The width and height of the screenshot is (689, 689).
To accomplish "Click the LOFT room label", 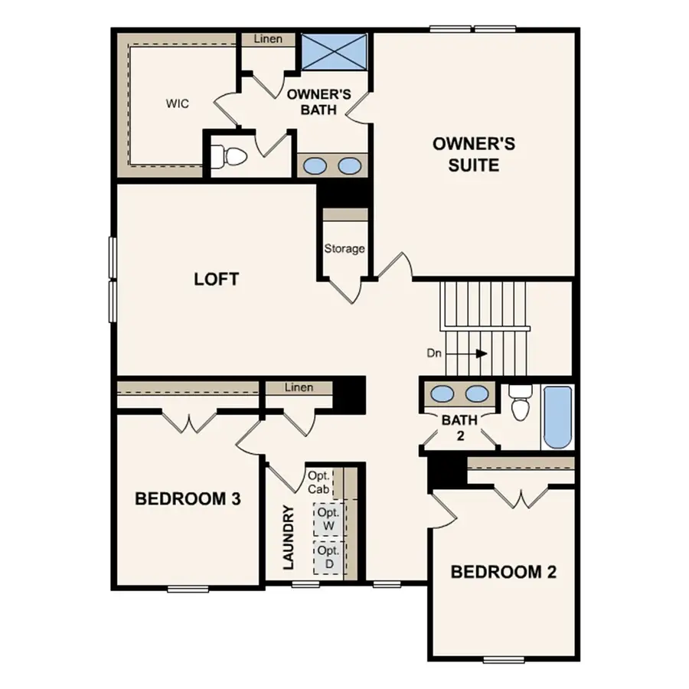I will click(x=216, y=279).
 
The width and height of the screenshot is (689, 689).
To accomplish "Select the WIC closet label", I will click(x=177, y=103).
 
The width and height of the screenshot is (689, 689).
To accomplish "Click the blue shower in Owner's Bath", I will click(x=332, y=51).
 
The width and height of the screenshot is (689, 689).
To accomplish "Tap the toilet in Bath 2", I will click(x=521, y=403).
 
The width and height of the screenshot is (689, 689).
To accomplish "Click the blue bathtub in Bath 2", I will click(x=557, y=417).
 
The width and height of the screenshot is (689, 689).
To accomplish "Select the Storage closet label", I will click(x=344, y=249).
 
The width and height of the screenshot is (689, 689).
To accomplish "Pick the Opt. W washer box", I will click(x=329, y=519).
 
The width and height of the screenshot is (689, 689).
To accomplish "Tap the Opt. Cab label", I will click(x=318, y=482).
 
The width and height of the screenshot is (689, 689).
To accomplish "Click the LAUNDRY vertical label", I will click(x=289, y=537).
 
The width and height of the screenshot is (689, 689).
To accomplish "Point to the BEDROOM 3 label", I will click(x=188, y=499).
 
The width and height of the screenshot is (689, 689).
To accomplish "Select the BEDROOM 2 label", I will click(x=503, y=572).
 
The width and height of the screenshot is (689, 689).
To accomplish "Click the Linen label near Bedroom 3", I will click(x=299, y=387).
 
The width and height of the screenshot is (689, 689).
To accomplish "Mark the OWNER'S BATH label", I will click(x=318, y=103).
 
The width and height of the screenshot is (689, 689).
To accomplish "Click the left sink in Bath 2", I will click(x=442, y=394).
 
